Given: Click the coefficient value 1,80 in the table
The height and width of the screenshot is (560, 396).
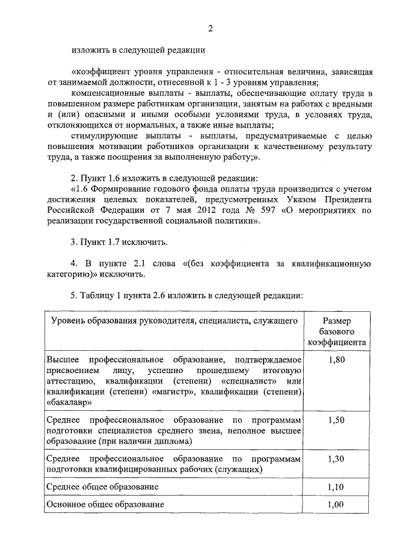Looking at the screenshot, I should point(337,360).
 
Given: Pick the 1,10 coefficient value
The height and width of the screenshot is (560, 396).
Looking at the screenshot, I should point(337,488).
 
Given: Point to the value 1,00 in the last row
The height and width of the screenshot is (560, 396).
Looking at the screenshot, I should point(337,504).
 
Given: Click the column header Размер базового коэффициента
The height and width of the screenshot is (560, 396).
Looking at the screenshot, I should point(337,331).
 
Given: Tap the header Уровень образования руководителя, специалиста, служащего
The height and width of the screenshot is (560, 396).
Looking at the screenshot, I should point(174,321).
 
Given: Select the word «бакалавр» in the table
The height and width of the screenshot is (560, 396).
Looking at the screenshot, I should point(69,402).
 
